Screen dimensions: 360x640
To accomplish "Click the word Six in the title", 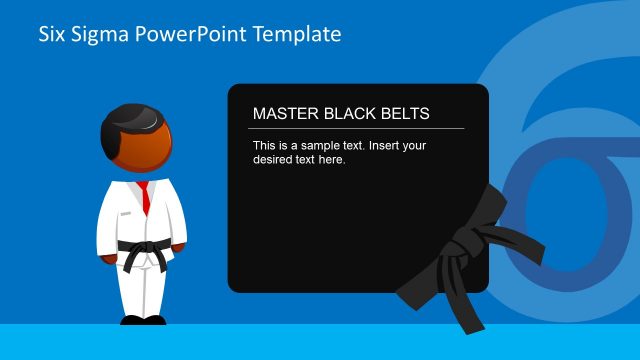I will pyautogui.click(x=52, y=34).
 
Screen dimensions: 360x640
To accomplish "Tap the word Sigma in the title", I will pyautogui.click(x=102, y=35).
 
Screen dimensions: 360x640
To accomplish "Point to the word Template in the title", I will pyautogui.click(x=297, y=35).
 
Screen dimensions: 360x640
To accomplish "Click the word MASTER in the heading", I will pyautogui.click(x=283, y=114).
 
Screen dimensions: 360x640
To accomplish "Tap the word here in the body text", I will pyautogui.click(x=332, y=159).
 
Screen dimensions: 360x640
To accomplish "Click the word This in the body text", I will pyautogui.click(x=266, y=145).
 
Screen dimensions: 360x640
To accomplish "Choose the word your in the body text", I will pyautogui.click(x=415, y=145).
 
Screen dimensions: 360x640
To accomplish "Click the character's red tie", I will pyautogui.click(x=145, y=197).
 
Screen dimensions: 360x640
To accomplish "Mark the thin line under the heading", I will pyautogui.click(x=356, y=128).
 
